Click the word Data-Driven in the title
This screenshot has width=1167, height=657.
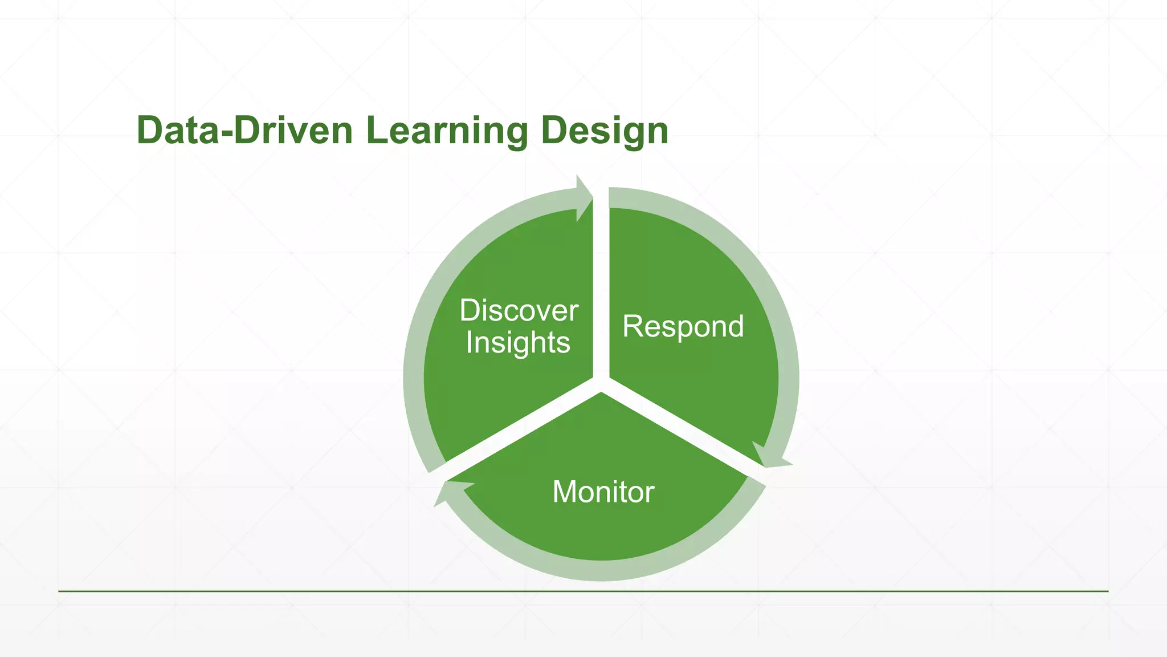tap(244, 131)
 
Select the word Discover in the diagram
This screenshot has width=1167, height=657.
tap(519, 311)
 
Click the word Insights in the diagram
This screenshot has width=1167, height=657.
tap(517, 343)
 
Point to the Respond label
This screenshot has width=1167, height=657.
tap(683, 326)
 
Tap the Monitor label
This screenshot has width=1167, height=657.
tap(603, 492)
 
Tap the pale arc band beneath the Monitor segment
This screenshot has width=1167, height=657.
tap(602, 570)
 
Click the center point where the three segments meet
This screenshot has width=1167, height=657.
tap(601, 383)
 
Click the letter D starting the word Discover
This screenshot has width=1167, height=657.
tap(470, 311)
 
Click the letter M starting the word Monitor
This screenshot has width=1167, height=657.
tap(564, 492)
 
